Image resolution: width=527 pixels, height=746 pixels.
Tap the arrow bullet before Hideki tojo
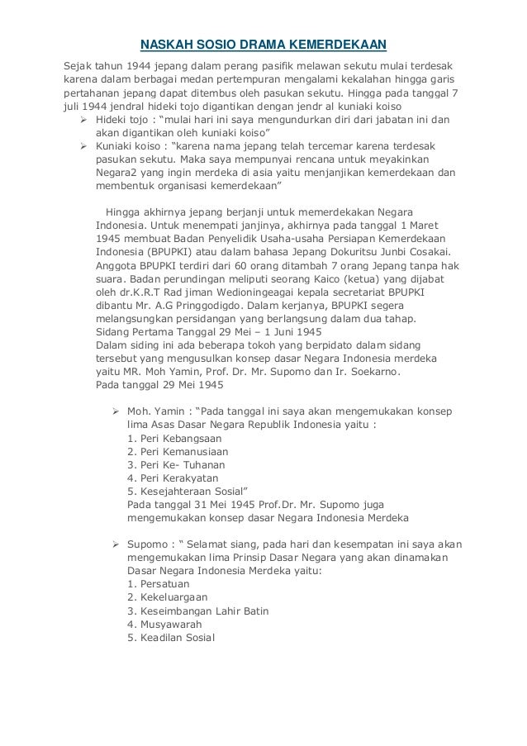pos(83,119)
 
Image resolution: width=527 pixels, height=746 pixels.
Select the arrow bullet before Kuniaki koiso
pos(83,146)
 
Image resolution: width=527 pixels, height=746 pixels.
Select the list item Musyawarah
pos(162,625)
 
